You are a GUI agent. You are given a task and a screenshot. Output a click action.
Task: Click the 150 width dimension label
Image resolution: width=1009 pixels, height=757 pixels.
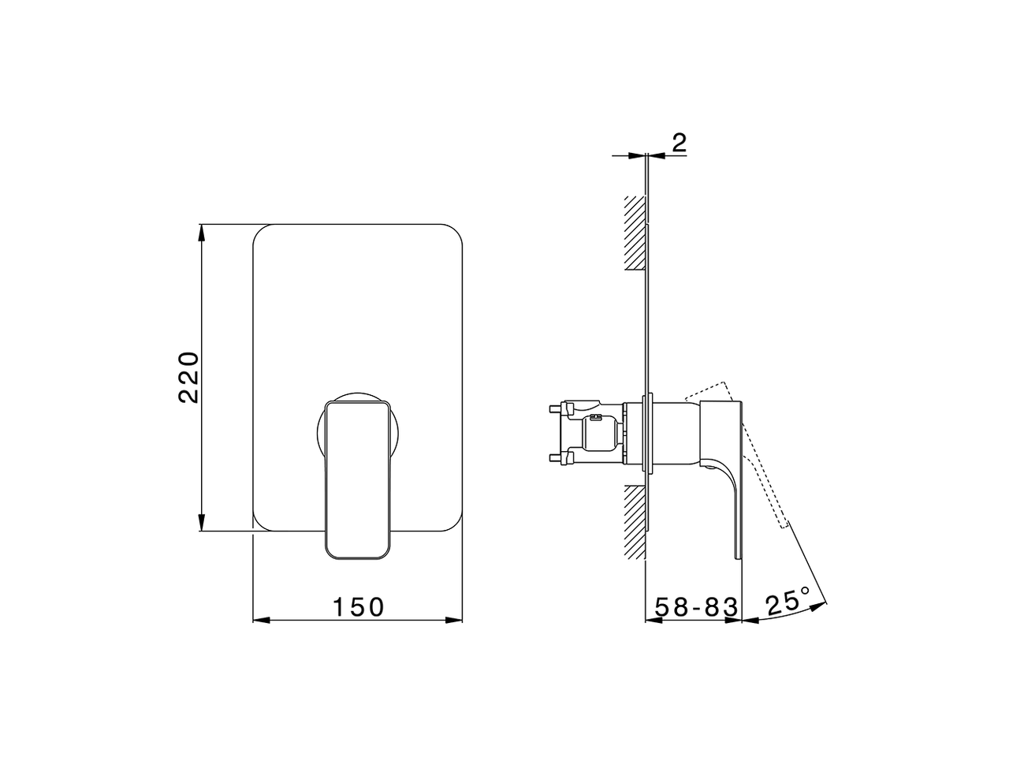click(x=357, y=607)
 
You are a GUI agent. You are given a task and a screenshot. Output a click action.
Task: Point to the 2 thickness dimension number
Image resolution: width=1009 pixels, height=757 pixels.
click(x=679, y=143)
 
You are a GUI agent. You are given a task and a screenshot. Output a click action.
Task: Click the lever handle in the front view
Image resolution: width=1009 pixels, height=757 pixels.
click(x=358, y=481)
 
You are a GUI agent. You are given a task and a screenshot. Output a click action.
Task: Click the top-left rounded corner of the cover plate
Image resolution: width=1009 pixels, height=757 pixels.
click(x=260, y=233)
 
